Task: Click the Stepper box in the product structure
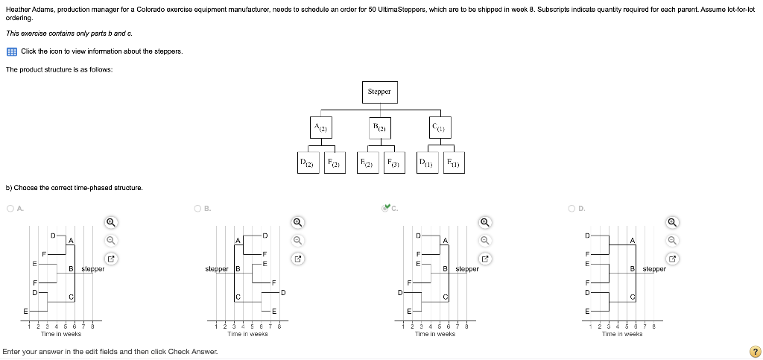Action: (x=379, y=92)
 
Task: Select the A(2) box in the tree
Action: (x=320, y=127)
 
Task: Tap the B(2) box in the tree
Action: (x=379, y=127)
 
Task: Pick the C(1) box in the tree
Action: (x=439, y=127)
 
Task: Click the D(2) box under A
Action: (x=305, y=162)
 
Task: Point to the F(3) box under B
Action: (x=393, y=162)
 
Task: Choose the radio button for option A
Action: (x=10, y=209)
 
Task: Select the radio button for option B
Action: (x=197, y=209)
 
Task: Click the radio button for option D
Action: (x=572, y=209)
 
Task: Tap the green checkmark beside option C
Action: (x=385, y=208)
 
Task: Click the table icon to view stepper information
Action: (x=12, y=51)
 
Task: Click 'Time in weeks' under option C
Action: (x=434, y=334)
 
